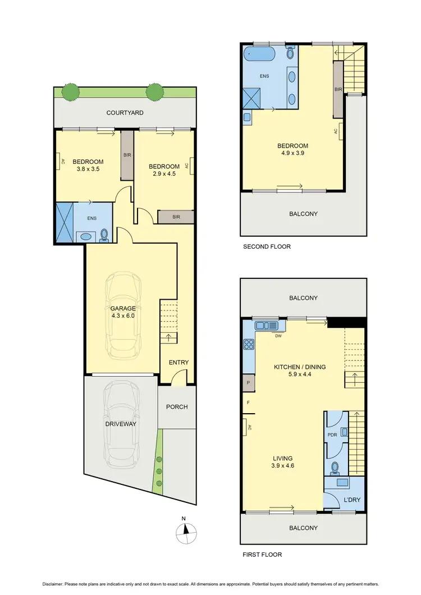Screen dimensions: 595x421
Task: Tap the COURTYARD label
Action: (x=125, y=113)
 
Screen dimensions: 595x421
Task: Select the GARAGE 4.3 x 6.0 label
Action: (x=123, y=312)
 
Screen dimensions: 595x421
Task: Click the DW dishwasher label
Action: (x=278, y=336)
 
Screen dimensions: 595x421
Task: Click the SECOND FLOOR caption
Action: (x=267, y=246)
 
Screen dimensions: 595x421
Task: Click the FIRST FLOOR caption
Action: (x=262, y=555)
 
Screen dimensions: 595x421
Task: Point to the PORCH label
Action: (x=177, y=407)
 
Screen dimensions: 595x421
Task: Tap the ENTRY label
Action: (x=179, y=363)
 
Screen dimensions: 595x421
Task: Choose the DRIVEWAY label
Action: (x=121, y=424)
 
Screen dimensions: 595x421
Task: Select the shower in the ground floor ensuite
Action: (x=64, y=223)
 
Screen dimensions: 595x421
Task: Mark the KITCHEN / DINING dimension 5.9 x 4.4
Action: (x=300, y=374)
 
